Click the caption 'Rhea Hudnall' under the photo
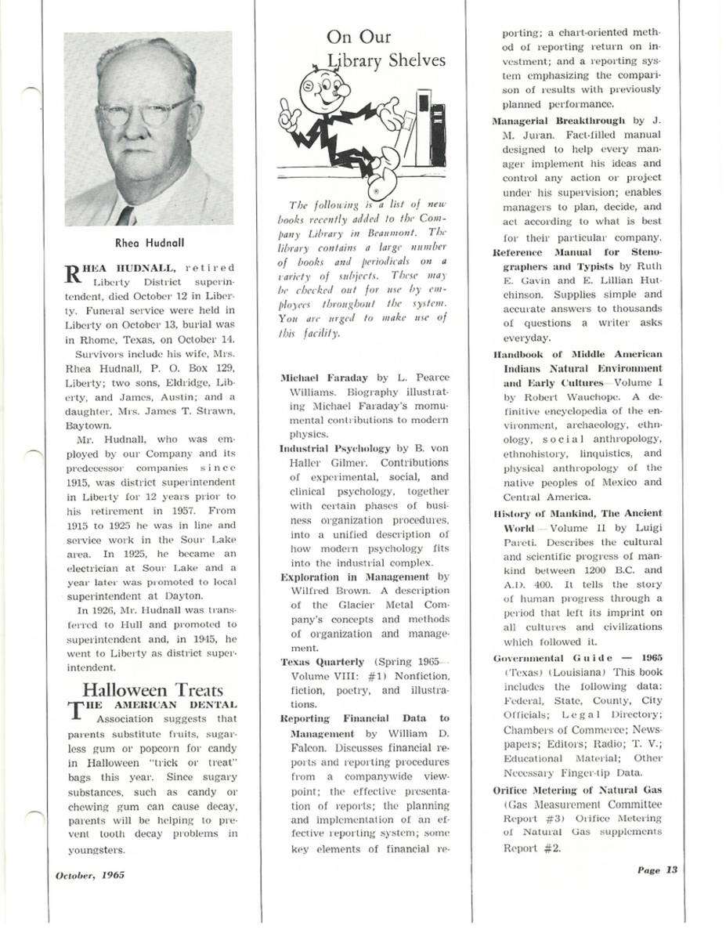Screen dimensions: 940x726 (x=149, y=242)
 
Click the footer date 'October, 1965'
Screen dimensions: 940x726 (x=90, y=875)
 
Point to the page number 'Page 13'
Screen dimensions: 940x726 (x=656, y=869)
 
